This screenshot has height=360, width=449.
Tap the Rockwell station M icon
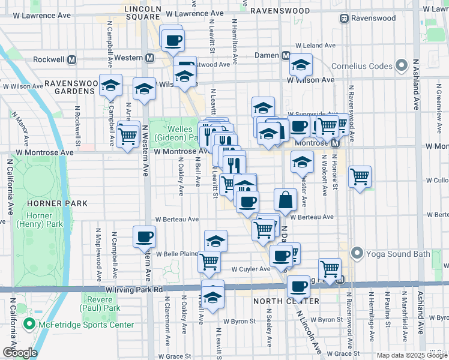(x=72, y=59)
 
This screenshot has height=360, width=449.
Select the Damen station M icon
(x=287, y=56)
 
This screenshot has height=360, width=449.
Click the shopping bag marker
(x=286, y=200)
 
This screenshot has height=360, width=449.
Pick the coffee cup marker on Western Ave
(x=144, y=236)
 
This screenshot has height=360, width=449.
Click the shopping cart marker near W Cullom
(x=360, y=177)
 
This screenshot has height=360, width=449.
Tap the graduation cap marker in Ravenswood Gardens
(x=111, y=86)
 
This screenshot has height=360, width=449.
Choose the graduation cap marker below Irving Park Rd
(x=212, y=296)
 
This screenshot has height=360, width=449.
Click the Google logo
(x=19, y=353)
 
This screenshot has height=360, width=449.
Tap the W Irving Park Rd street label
(x=133, y=289)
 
